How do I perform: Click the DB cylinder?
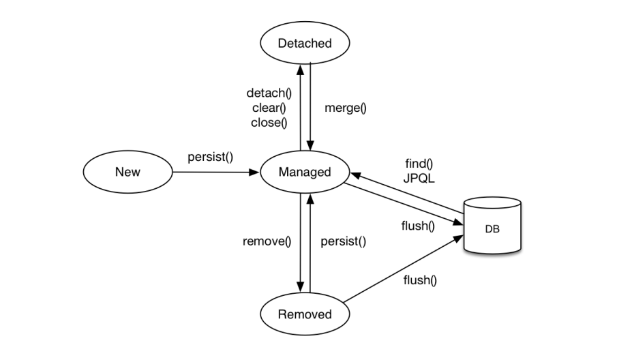[x=492, y=226]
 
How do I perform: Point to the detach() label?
[x=269, y=93]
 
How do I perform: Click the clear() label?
[x=269, y=108]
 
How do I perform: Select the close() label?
[x=269, y=123]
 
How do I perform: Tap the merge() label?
[x=346, y=108]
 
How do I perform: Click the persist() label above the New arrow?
[x=211, y=157]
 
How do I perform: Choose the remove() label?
[x=267, y=241]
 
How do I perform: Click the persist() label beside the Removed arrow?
[x=343, y=241]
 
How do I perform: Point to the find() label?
[x=419, y=164]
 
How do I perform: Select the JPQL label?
[x=419, y=179]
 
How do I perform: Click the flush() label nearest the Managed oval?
[x=418, y=226]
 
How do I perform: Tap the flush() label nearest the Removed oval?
[x=420, y=280]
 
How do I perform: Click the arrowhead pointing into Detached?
[x=301, y=70]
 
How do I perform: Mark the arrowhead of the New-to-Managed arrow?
[x=254, y=172]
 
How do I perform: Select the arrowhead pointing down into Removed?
[x=301, y=287]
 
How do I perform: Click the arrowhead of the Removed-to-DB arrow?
[x=458, y=239]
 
